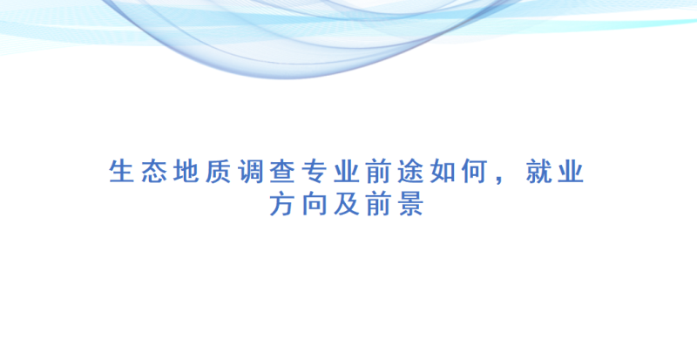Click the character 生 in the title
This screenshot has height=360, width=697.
pyautogui.click(x=122, y=172)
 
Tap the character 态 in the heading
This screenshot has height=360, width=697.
pyautogui.click(x=154, y=172)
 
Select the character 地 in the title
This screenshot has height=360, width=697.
pyautogui.click(x=186, y=172)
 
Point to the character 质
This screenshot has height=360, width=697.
pyautogui.click(x=219, y=172)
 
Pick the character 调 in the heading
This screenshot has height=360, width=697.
pyautogui.click(x=250, y=172)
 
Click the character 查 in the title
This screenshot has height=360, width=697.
pyautogui.click(x=282, y=172)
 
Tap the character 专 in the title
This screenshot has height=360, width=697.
pyautogui.click(x=315, y=172)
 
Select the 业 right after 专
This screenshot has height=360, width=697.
pyautogui.click(x=347, y=172)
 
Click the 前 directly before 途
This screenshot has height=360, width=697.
pyautogui.click(x=379, y=172)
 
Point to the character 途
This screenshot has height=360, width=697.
pyautogui.click(x=410, y=172)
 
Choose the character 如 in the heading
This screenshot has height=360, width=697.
pyautogui.click(x=443, y=172)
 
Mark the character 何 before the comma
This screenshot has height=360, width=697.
pyautogui.click(x=475, y=172)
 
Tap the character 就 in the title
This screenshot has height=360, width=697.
pyautogui.click(x=538, y=172)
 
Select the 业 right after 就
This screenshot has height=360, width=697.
pyautogui.click(x=571, y=172)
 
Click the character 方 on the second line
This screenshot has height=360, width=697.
pyautogui.click(x=282, y=204)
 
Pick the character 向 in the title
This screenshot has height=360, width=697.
pyautogui.click(x=315, y=204)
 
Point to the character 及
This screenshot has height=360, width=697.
pyautogui.click(x=347, y=204)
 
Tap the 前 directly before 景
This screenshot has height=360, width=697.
pyautogui.click(x=379, y=204)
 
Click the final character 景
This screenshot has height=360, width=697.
pyautogui.click(x=410, y=204)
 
